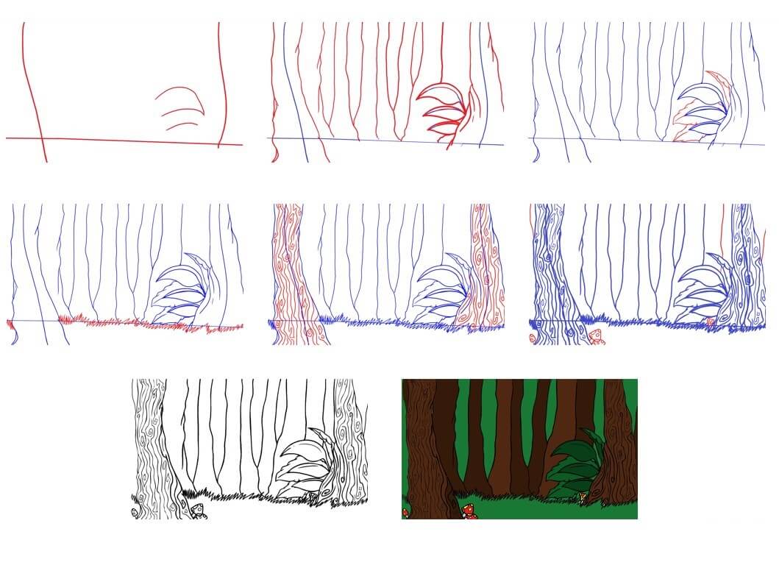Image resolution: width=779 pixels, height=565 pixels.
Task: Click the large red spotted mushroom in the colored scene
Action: (x=469, y=511)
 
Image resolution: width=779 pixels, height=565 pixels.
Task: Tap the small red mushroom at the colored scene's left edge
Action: (x=405, y=511)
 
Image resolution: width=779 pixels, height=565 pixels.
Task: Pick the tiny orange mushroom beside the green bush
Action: (x=583, y=498)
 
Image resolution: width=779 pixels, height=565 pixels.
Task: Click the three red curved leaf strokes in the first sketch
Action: (x=180, y=108)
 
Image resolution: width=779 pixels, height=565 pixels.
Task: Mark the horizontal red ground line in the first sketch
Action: (x=125, y=141)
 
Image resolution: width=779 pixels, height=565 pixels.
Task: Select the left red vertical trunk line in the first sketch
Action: (x=33, y=88)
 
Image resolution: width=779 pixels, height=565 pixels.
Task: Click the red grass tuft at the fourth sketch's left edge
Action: (x=10, y=324)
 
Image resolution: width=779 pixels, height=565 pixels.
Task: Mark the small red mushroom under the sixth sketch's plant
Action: (x=709, y=322)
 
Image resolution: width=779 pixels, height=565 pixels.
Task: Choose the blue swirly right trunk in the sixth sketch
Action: (x=747, y=272)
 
